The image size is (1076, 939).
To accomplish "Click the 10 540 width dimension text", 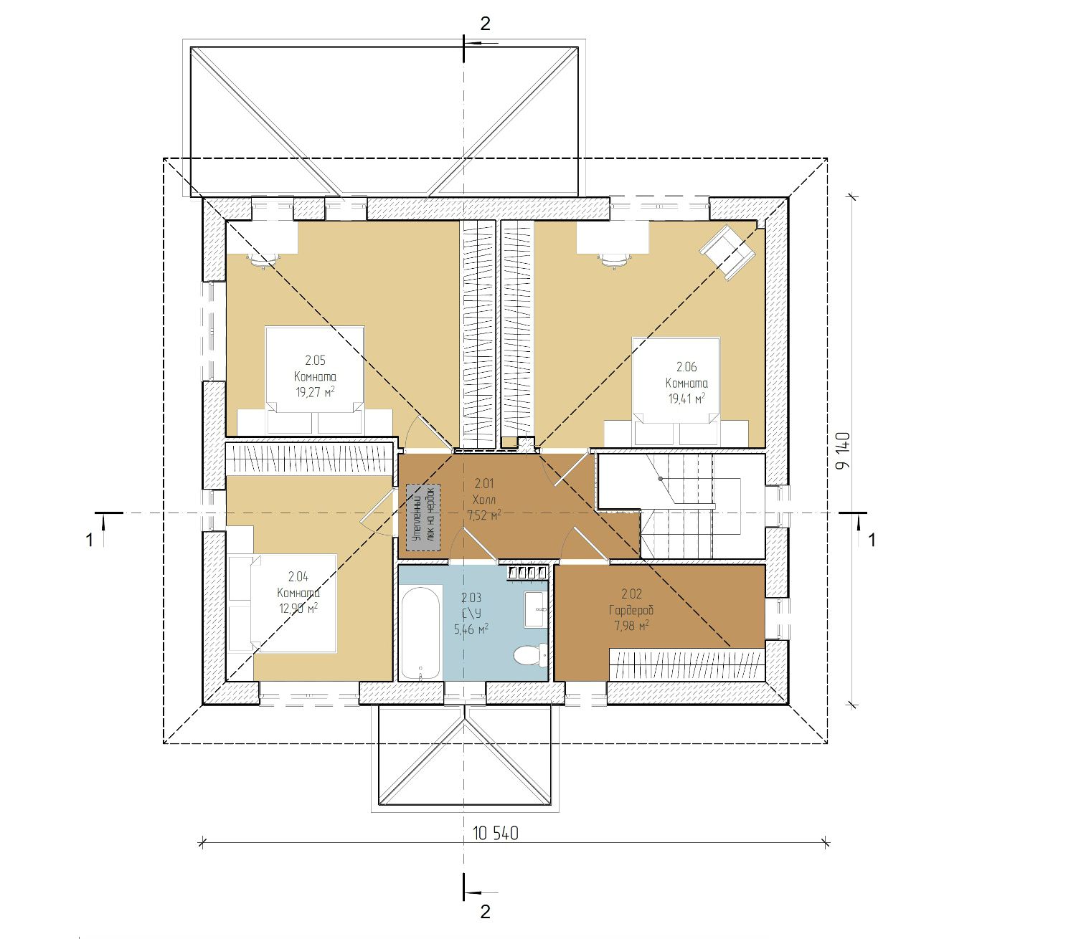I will pos(495,833).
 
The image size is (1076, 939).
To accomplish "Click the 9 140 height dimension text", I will pos(842,450).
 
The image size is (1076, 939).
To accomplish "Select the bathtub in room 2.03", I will pos(420,633).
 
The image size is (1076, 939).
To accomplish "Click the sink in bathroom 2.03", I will pos(535,609).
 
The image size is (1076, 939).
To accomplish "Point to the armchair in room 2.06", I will pos(728,252).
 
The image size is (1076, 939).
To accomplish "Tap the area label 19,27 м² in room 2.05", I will pos(315,391).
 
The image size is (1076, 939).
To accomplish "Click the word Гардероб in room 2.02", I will pos(631,610).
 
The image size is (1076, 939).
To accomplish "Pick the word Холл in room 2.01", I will pos(483,500).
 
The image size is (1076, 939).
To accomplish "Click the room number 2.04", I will pos(298,576).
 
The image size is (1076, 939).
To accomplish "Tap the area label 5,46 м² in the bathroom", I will pos(471,629).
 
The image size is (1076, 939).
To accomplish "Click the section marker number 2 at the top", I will pos(485,24).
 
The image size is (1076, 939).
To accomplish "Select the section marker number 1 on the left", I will pos(90,540).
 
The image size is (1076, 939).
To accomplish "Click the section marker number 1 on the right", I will pos(872,540).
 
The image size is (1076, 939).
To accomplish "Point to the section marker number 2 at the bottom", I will pos(486,912).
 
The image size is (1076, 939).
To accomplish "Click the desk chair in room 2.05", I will pos(260,259).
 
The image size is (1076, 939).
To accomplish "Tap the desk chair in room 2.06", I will pos(613,259).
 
